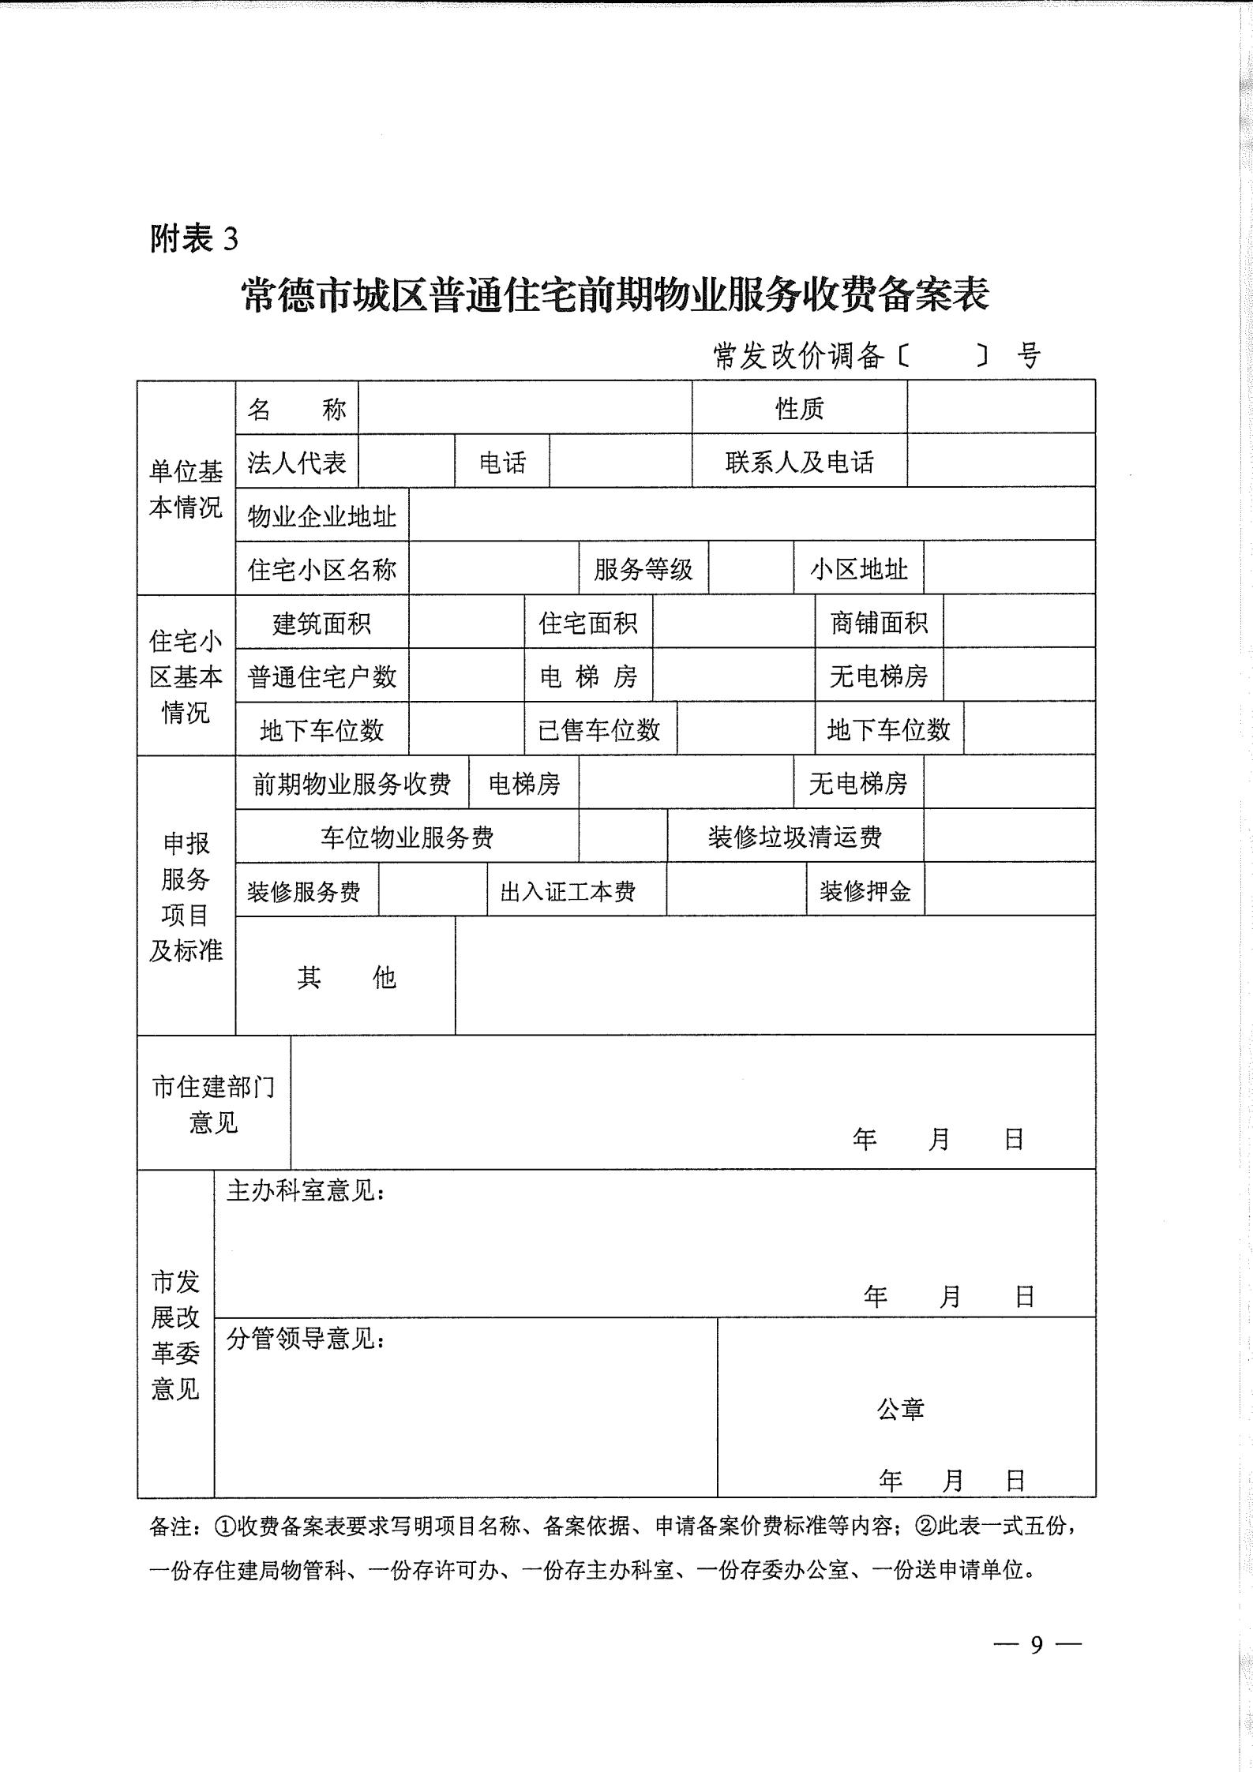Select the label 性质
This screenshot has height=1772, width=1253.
click(799, 408)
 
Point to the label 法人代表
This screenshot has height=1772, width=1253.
click(297, 462)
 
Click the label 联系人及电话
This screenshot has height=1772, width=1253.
click(799, 462)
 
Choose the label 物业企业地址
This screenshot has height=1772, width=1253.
click(322, 516)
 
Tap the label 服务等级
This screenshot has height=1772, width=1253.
click(643, 569)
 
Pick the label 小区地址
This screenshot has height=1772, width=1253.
click(858, 569)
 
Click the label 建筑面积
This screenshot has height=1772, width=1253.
click(321, 624)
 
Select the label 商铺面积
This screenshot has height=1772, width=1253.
click(879, 624)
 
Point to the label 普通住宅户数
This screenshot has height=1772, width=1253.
click(322, 676)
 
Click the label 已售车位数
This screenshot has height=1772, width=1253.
click(599, 730)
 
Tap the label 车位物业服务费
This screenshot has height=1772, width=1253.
click(407, 837)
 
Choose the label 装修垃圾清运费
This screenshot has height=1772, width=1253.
click(794, 837)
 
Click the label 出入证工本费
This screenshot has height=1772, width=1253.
click(568, 891)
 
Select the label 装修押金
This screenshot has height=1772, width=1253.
click(865, 891)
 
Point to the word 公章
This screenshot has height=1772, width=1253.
click(900, 1409)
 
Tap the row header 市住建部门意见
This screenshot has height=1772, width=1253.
click(213, 1104)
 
